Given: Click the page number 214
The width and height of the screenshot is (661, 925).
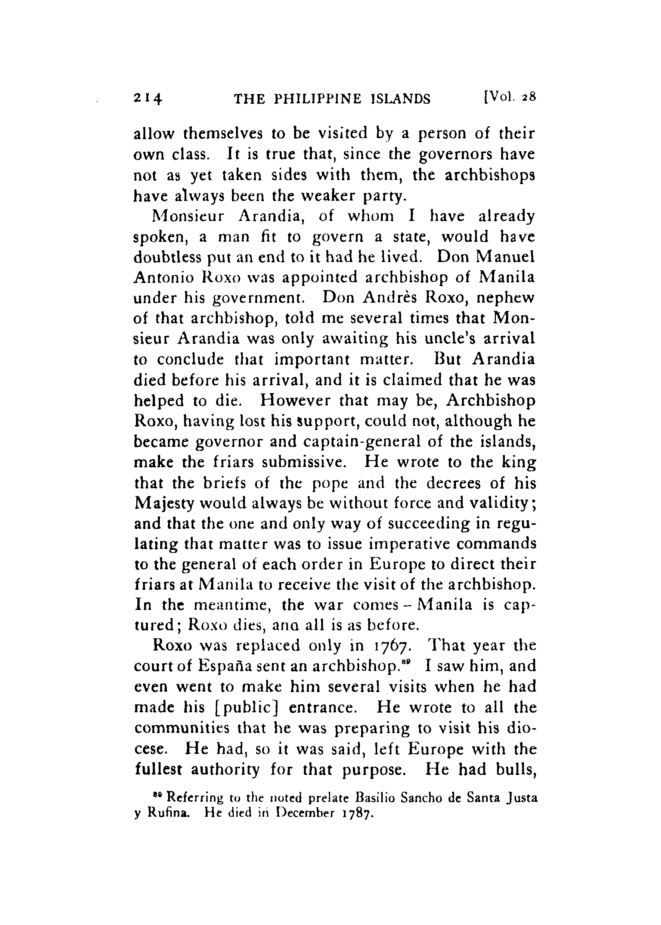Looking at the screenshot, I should pyautogui.click(x=148, y=99).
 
